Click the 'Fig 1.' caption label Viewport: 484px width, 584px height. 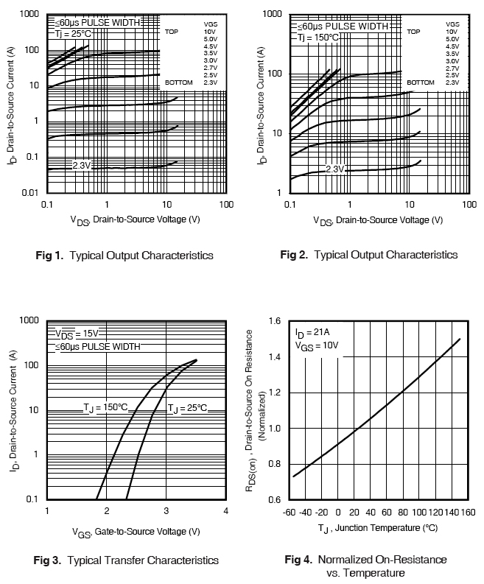point(49,256)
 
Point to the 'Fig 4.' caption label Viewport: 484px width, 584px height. point(299,560)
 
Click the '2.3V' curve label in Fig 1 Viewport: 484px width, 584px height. point(82,166)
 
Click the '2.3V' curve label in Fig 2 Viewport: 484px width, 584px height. point(335,169)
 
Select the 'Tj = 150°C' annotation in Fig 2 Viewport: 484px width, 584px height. point(319,37)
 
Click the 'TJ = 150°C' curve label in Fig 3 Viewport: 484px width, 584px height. point(105,407)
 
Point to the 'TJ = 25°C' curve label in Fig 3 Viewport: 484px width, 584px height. point(187,407)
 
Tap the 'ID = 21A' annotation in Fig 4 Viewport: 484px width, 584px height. point(312,332)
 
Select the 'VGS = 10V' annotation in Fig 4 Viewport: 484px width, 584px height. point(317,345)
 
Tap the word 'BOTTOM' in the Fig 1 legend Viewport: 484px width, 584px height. point(178,82)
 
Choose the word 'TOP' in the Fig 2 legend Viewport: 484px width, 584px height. point(413,32)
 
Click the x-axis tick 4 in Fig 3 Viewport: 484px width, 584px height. point(225,512)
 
